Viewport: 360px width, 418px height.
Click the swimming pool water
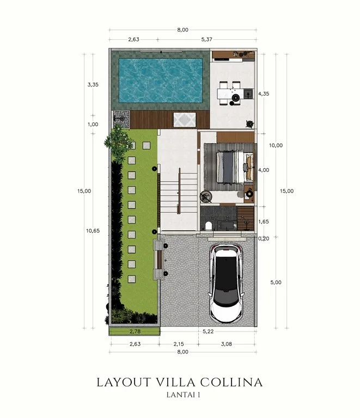[x=161, y=81]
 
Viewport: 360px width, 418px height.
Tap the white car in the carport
[x=227, y=284]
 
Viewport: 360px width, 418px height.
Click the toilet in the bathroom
[x=208, y=226]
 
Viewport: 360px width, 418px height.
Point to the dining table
[x=231, y=94]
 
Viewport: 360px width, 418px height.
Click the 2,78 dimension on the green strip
[x=135, y=331]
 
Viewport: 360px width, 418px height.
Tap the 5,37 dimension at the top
[x=206, y=39]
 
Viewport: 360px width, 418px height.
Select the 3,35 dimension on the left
[x=93, y=85]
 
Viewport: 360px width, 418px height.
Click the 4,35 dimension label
[x=264, y=94]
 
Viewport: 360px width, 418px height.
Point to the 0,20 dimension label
[x=264, y=238]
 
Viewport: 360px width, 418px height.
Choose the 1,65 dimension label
[x=264, y=222]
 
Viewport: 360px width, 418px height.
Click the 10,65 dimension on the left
[x=93, y=231]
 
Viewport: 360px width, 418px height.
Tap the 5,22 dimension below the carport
[x=208, y=331]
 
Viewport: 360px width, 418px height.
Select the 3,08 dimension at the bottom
[x=227, y=344]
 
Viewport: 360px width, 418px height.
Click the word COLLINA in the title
[x=231, y=382]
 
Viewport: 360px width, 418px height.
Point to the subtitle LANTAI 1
[x=183, y=395]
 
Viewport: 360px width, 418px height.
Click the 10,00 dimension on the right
[x=276, y=145]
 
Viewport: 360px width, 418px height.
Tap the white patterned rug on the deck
[x=185, y=120]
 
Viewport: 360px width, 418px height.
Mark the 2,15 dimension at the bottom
[x=179, y=344]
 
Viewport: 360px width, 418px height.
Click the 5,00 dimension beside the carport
[x=276, y=282]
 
